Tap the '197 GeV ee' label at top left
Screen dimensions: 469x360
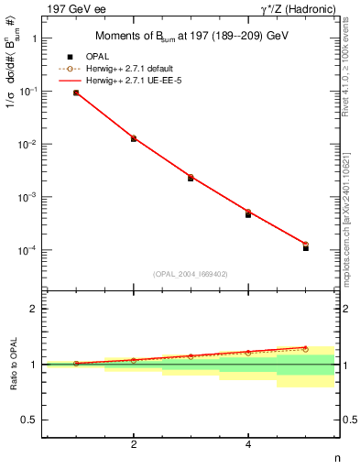(72, 8)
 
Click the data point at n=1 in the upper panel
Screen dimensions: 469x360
(76, 93)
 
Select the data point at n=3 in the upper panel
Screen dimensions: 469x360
(191, 178)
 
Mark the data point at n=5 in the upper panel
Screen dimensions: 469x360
(306, 247)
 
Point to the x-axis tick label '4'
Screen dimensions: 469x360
(248, 444)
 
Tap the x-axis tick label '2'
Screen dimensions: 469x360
(134, 444)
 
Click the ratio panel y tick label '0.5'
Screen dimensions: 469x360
(29, 420)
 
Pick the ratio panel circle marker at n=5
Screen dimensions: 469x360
(306, 349)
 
